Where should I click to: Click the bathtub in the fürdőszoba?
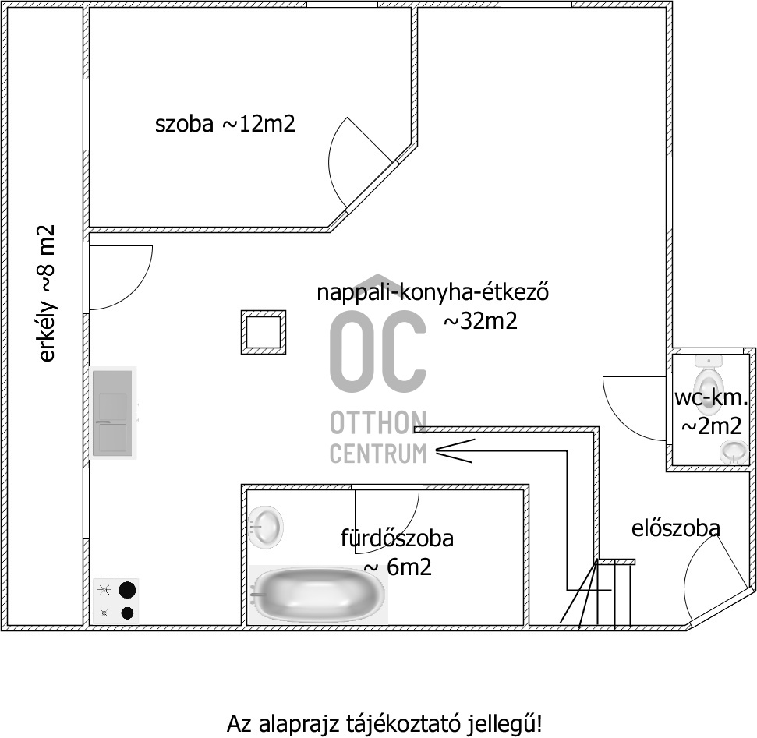coord(319,594)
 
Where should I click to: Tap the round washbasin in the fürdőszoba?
coord(266,527)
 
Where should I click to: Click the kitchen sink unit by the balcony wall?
coord(113,413)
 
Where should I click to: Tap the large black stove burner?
coord(127,590)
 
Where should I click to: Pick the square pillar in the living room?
coord(264,333)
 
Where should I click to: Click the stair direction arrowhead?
coord(455,450)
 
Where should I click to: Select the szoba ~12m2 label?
coord(225,124)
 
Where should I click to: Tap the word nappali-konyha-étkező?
coord(433,292)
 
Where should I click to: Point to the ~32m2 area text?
coord(480,321)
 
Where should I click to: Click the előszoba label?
coord(675,528)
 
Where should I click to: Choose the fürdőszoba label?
coord(397,538)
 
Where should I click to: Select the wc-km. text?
coord(711,397)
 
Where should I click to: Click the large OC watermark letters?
coord(378,351)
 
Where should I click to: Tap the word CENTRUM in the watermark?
coord(379,454)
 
